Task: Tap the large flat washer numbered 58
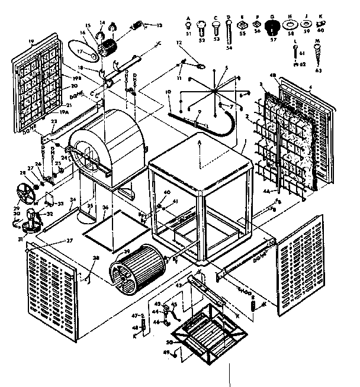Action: [291, 26]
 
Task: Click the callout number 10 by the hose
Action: [169, 92]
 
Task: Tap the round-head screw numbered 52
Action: [201, 26]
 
